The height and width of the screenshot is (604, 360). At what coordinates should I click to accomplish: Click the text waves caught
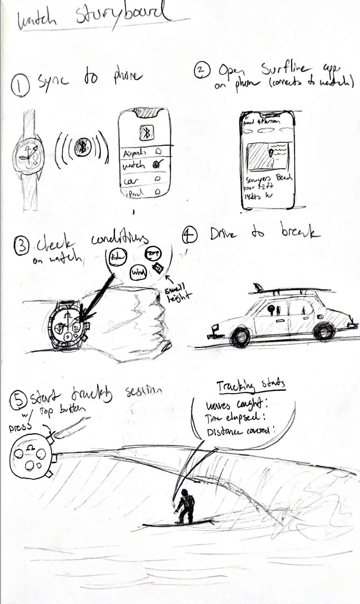[234, 405]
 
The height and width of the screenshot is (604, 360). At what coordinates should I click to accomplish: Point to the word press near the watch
[21, 427]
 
